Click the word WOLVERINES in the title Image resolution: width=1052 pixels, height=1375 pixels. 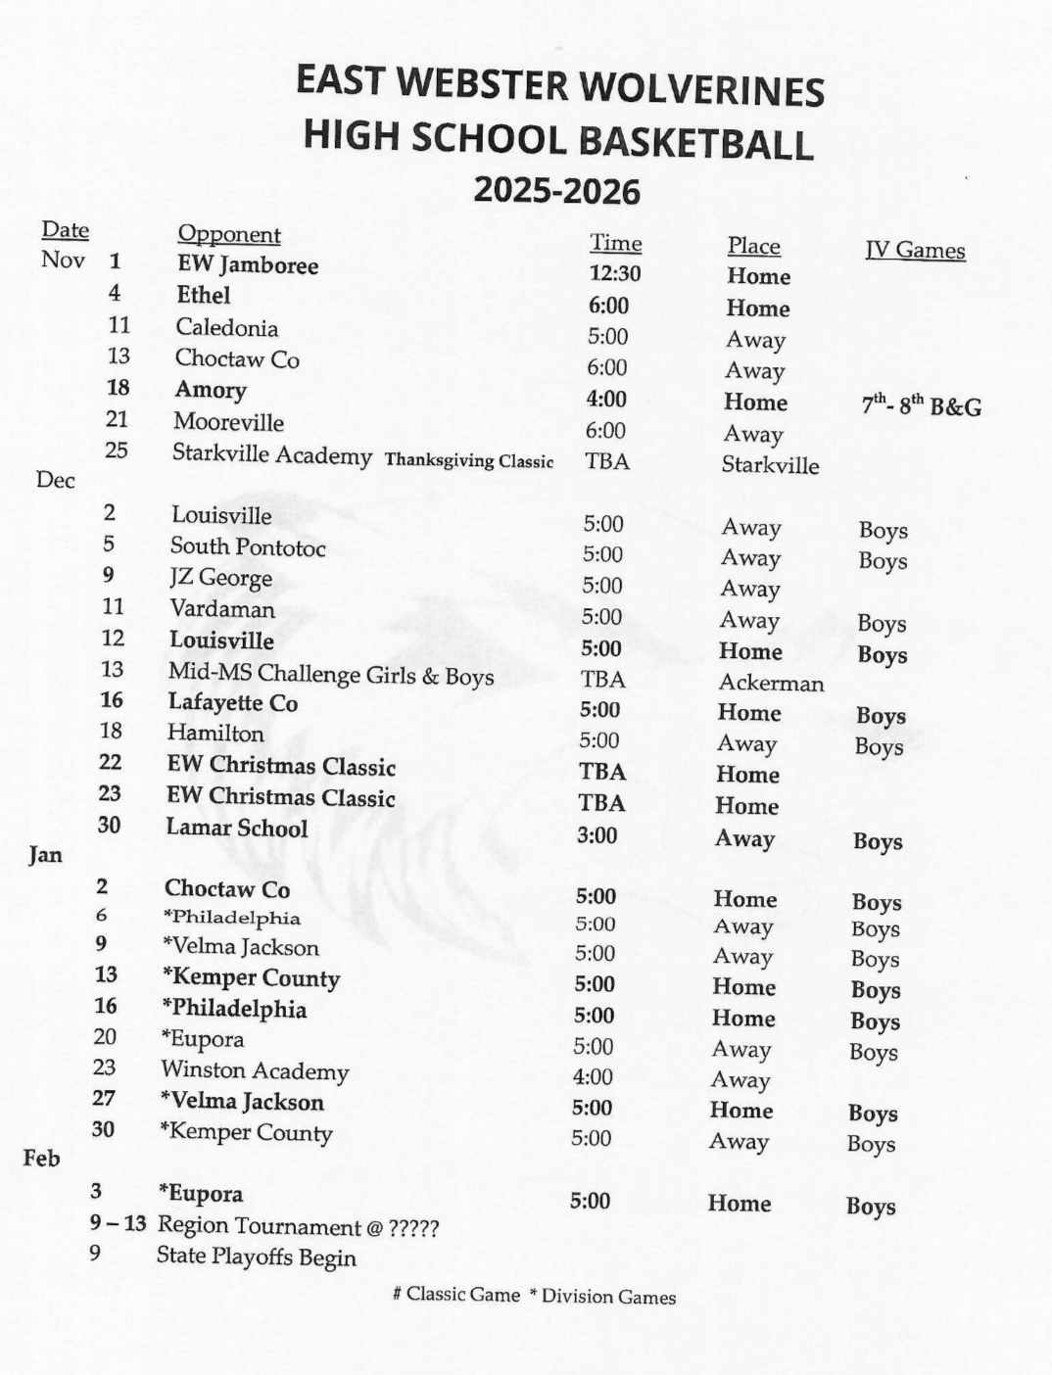pos(702,88)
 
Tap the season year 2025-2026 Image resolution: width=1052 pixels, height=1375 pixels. pos(556,190)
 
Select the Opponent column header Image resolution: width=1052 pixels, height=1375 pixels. pos(228,234)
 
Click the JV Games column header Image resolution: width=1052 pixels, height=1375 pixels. pos(915,250)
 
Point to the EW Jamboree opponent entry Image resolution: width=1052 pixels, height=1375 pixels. pos(247,264)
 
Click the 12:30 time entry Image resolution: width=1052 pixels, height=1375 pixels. pos(614,274)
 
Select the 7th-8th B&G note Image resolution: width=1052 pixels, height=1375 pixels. pos(921,405)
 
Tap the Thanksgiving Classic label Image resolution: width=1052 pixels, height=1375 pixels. pos(468,460)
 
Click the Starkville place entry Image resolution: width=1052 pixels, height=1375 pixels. pos(770,464)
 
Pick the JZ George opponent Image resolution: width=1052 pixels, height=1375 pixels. pos(220,577)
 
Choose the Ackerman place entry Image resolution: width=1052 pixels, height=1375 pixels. pos(771,683)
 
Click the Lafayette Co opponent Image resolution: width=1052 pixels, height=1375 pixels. pos(232,702)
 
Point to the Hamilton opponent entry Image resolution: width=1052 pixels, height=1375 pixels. pos(215,733)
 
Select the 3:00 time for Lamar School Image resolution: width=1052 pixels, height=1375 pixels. pos(596,835)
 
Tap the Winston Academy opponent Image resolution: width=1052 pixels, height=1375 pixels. pos(255,1070)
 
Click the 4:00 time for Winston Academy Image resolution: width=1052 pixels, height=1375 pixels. pos(593,1077)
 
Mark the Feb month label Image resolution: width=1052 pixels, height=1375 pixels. pos(41,1158)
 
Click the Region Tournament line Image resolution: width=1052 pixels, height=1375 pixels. pos(298,1226)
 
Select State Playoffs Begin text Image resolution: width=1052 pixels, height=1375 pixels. pos(256,1256)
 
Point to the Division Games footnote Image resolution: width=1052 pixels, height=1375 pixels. pos(602,1297)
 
